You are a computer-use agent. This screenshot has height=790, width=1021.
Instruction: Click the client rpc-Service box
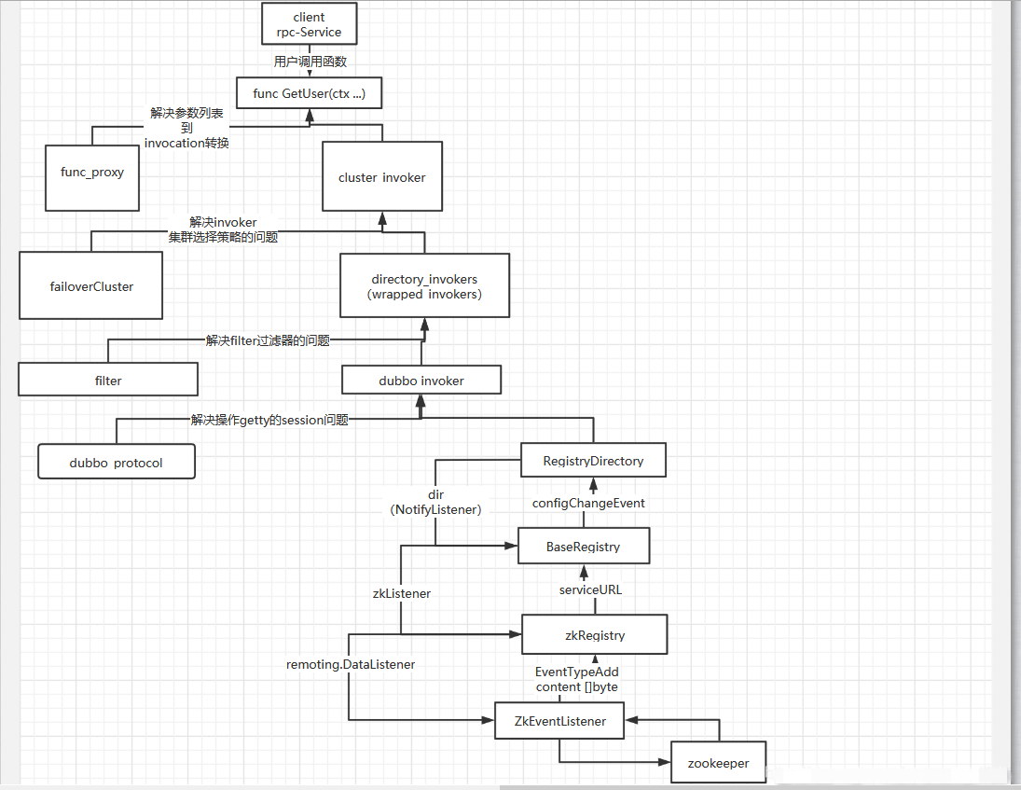[x=309, y=24]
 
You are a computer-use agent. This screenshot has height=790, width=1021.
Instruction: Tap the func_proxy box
[x=92, y=173]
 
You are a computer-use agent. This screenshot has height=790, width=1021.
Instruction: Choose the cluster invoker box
[x=382, y=176]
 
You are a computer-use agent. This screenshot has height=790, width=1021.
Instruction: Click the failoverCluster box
[x=90, y=286]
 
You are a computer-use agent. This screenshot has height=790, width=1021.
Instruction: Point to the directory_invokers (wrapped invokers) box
[x=425, y=286]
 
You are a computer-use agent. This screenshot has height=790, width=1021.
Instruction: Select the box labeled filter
[x=108, y=380]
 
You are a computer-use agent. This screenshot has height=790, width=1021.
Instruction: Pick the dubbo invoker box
[x=421, y=380]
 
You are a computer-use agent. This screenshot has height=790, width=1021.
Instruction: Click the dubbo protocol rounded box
[x=117, y=462]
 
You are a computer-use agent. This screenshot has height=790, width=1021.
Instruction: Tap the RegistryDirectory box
[x=593, y=460]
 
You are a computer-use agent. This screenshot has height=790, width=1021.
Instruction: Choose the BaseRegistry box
[x=584, y=547]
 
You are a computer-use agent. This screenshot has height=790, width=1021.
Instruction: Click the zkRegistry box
[x=595, y=635]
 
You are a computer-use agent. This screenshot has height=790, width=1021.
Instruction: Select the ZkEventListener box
[x=560, y=721]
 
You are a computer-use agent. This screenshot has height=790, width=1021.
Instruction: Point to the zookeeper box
[x=719, y=762]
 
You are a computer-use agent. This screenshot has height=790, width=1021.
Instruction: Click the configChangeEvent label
[x=588, y=503]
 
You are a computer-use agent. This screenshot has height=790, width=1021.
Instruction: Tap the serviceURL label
[x=590, y=589]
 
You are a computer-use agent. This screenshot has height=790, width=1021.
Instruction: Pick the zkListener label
[x=402, y=592]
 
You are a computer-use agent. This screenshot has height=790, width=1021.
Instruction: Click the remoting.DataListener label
[x=351, y=664]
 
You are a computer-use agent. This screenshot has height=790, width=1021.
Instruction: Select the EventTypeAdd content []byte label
[x=577, y=679]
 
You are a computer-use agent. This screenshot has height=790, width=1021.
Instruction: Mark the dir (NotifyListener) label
[x=435, y=503]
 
